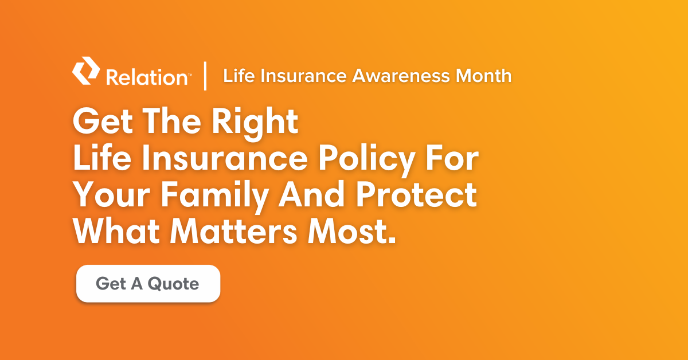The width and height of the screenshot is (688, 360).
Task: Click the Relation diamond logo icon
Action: tap(86, 71)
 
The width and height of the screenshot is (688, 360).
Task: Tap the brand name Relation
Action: tap(147, 77)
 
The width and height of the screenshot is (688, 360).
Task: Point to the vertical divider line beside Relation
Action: tap(205, 76)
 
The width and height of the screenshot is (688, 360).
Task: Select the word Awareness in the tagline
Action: tap(401, 76)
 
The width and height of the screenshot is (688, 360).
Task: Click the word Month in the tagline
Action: tap(483, 76)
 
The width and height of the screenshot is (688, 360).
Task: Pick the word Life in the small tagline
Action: tap(239, 76)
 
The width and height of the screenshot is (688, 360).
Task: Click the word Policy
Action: tap(367, 161)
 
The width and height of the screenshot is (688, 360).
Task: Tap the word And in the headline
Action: tap(311, 194)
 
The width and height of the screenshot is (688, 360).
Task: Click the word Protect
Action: tap(416, 194)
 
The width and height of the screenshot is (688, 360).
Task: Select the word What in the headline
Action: tap(116, 231)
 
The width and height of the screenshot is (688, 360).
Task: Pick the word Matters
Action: tap(234, 231)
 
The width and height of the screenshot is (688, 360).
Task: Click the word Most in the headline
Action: tap(346, 231)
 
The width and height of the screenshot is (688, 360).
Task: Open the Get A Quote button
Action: tap(148, 284)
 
